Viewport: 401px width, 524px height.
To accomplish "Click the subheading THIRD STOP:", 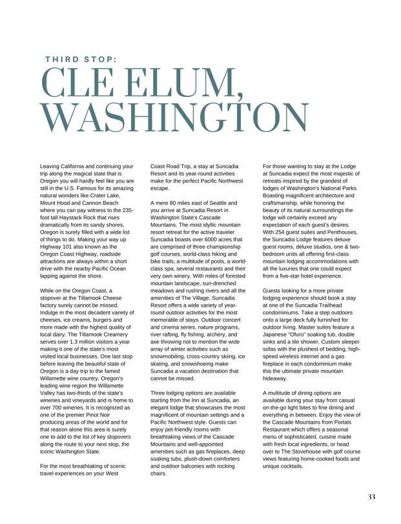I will tap(81, 59).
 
